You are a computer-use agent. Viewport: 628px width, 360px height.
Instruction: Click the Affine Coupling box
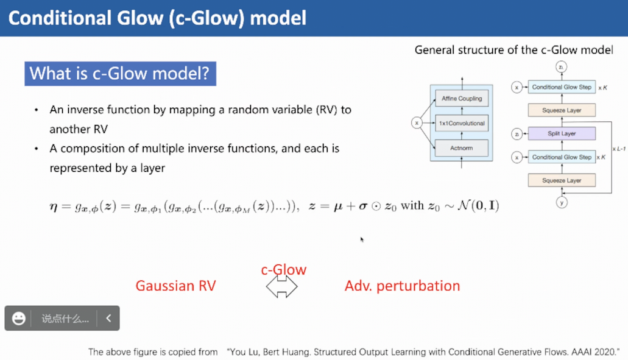[462, 99]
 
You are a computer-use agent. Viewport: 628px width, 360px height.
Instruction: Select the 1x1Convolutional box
[462, 123]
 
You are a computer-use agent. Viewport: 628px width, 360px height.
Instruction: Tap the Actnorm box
[462, 147]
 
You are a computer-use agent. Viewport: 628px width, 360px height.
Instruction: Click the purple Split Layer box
[561, 133]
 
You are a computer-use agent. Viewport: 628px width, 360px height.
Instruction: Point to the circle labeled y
[561, 202]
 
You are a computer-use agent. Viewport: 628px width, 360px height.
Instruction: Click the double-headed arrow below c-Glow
[281, 286]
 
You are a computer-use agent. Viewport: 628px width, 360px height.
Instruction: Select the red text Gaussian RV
[175, 286]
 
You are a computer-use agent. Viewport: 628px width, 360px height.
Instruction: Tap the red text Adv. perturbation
[402, 286]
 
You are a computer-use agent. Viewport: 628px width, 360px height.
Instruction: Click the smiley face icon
[19, 318]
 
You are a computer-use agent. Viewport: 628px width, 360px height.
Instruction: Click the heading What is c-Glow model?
[119, 74]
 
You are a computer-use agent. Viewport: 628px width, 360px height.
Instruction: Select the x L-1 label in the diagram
[619, 148]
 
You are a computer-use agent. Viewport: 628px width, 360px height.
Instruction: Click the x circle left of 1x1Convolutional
[417, 123]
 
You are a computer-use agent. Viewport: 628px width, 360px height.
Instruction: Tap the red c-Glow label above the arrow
[284, 269]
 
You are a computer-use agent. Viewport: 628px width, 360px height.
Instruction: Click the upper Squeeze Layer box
[561, 110]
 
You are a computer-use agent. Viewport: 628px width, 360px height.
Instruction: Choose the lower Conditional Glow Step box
[561, 157]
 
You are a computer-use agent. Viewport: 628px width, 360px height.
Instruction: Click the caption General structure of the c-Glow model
[513, 50]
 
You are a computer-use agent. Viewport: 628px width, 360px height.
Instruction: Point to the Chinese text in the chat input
[65, 319]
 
